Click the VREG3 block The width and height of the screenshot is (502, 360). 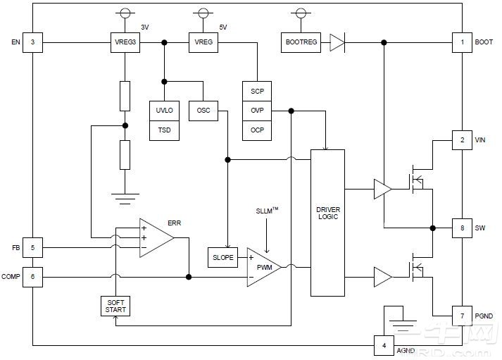(125, 43)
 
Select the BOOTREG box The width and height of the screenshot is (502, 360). (301, 43)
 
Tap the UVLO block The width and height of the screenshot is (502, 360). (164, 111)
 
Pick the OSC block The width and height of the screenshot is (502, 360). (203, 111)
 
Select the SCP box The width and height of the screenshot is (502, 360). (257, 92)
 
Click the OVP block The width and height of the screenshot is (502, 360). (257, 111)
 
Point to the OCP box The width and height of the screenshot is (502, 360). (257, 130)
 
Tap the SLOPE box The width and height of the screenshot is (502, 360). (222, 257)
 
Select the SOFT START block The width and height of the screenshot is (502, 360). (115, 306)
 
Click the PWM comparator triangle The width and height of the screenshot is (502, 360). (262, 267)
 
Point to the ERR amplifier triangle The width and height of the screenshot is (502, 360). (154, 237)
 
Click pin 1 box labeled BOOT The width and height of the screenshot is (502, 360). (462, 42)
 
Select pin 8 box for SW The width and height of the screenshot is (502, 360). (462, 228)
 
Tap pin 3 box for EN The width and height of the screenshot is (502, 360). (32, 42)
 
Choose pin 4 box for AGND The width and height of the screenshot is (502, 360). (384, 346)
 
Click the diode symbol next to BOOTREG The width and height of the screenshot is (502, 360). (337, 43)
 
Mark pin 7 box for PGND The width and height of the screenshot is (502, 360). (462, 316)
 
